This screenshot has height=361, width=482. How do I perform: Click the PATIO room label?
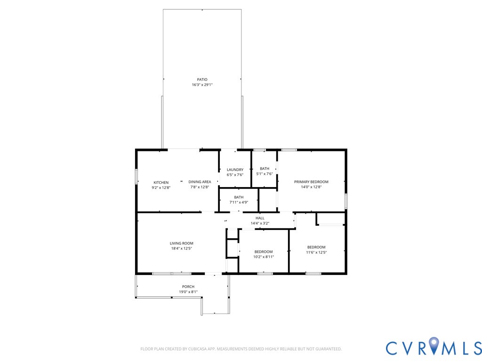tap(202, 79)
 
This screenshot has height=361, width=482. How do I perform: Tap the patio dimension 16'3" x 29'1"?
tap(202, 85)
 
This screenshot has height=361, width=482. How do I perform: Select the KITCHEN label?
tap(161, 182)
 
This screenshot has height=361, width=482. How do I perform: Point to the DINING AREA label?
tap(200, 181)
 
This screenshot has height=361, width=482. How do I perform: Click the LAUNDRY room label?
tap(235, 170)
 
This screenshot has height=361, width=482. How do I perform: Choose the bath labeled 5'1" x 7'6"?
tap(264, 169)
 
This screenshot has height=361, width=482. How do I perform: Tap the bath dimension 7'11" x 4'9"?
tap(239, 203)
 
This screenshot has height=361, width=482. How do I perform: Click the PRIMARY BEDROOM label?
tap(311, 181)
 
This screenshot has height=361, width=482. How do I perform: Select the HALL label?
tap(260, 218)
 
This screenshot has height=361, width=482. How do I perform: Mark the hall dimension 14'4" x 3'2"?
tap(260, 223)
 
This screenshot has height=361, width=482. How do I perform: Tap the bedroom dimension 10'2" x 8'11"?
tap(264, 257)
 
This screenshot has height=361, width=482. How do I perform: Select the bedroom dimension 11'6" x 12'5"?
tap(316, 252)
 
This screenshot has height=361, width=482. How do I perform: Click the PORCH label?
tap(188, 286)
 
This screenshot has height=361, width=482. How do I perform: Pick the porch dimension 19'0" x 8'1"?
tap(188, 292)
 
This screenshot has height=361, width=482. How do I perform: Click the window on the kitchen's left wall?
tap(137, 177)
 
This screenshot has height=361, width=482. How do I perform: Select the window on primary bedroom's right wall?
tap(345, 201)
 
